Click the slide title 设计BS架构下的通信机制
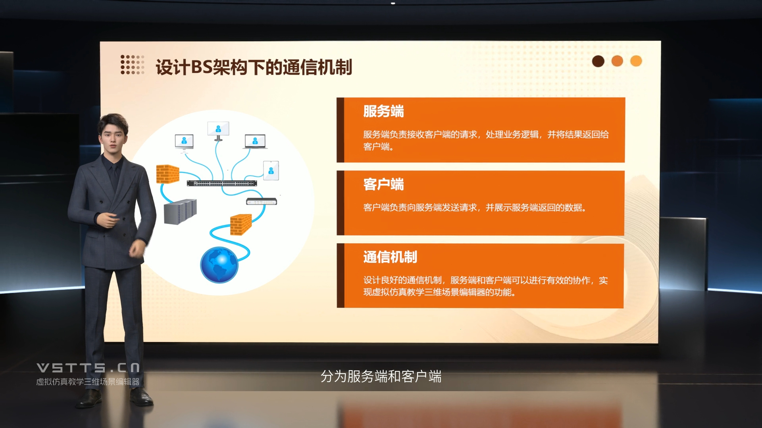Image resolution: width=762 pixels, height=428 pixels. [x=254, y=67]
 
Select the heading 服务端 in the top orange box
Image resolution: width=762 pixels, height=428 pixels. [x=383, y=111]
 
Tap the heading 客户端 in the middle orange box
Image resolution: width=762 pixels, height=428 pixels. [x=383, y=184]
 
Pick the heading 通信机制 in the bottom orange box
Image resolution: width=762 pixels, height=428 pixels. [x=390, y=257]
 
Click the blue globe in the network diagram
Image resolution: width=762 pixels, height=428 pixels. [x=219, y=265]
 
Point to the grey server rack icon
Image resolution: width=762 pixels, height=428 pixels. [x=180, y=212]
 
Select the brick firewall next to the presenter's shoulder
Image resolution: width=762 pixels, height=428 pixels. [x=167, y=174]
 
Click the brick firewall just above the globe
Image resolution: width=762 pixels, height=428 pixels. [x=241, y=224]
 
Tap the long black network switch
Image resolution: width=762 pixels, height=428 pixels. [x=222, y=183]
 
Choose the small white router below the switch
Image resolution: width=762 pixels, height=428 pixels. [x=262, y=201]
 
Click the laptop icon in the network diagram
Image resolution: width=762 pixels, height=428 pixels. [x=255, y=141]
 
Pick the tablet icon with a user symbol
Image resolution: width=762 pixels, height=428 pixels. [x=271, y=171]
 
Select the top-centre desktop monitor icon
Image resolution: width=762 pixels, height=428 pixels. [x=218, y=131]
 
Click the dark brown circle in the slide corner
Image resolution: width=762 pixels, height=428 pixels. [x=598, y=61]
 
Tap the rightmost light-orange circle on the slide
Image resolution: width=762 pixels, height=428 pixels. [x=636, y=61]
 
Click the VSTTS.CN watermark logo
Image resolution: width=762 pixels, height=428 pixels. [x=88, y=368]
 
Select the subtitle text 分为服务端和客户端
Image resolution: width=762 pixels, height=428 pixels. [x=381, y=376]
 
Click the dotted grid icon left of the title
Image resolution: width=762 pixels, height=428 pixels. [x=132, y=65]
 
